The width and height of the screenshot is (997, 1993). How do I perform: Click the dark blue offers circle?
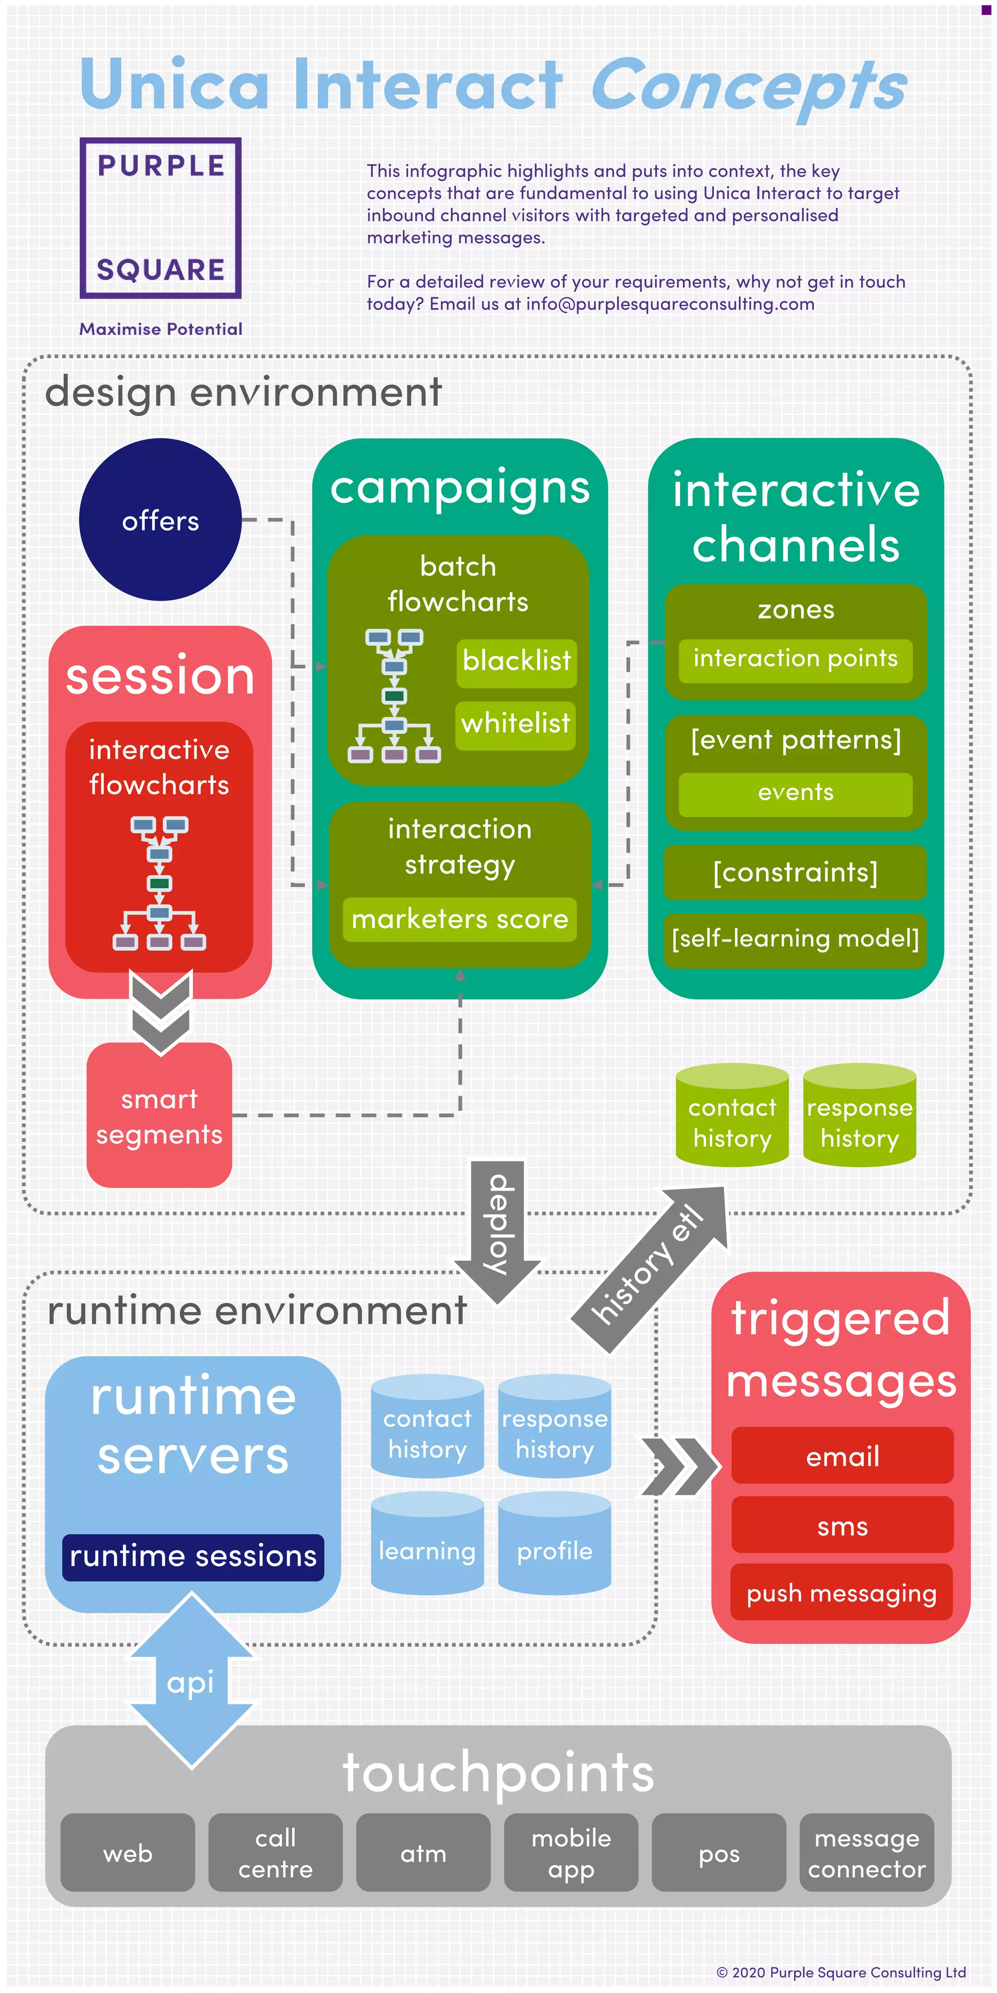[160, 520]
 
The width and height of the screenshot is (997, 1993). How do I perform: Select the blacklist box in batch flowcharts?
[517, 662]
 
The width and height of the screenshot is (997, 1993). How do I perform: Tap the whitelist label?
[516, 724]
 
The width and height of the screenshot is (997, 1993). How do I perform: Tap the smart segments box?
[160, 1116]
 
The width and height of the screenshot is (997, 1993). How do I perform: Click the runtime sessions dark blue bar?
[193, 1557]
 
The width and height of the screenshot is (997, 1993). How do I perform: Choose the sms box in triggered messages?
[842, 1526]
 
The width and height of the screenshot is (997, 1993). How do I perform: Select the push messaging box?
[842, 1594]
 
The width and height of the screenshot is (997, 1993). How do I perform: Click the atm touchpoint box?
[424, 1854]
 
